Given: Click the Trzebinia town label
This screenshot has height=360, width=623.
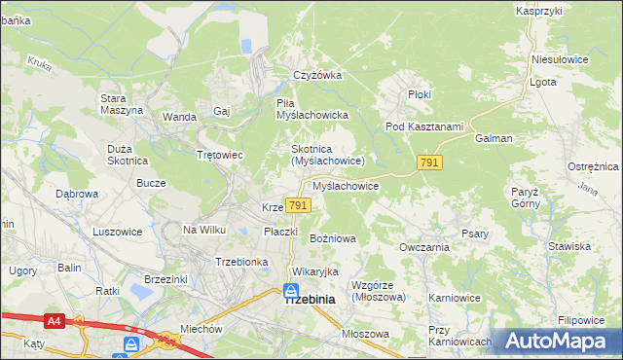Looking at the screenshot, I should (x=310, y=301).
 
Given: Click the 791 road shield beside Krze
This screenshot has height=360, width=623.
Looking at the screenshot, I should (x=298, y=205).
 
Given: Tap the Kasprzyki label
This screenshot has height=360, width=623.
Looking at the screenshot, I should (x=540, y=10).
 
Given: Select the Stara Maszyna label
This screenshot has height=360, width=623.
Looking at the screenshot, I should (x=122, y=103).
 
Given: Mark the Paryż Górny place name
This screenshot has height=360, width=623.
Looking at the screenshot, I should (x=525, y=198).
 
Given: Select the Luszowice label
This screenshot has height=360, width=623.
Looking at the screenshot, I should (x=118, y=232).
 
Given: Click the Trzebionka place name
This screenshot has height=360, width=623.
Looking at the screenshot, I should (x=241, y=262).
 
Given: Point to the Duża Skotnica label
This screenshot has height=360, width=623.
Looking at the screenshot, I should (x=127, y=153).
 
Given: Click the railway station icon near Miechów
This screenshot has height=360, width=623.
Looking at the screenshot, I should (x=131, y=344).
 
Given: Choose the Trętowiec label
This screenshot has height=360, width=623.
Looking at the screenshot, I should (x=220, y=156).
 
